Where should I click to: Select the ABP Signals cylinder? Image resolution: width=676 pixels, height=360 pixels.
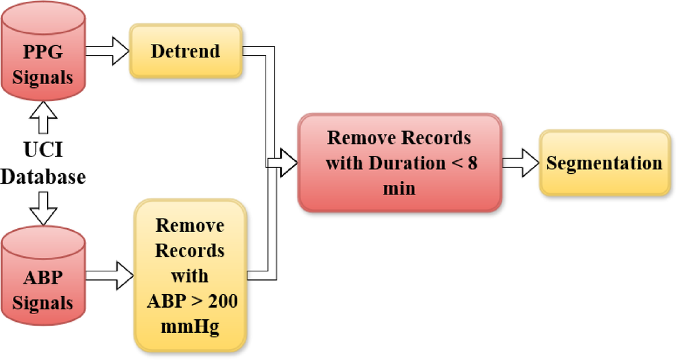point(42,277)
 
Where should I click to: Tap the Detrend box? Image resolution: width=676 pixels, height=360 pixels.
point(186,50)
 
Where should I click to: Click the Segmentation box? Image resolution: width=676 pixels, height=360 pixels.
point(604,163)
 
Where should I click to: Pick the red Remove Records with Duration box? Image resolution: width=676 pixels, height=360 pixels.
point(399,163)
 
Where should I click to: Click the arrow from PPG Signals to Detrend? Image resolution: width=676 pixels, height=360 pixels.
point(108,51)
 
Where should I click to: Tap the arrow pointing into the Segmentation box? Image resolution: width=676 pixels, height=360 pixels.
point(521,163)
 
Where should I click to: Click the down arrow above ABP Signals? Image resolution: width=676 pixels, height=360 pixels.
point(43,207)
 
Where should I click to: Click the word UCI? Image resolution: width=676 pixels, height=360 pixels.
point(43,151)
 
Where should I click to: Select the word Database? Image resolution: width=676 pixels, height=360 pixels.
point(43,176)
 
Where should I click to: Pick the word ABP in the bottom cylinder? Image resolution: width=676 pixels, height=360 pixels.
point(43,278)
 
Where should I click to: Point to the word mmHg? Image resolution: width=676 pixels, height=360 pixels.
point(189,326)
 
